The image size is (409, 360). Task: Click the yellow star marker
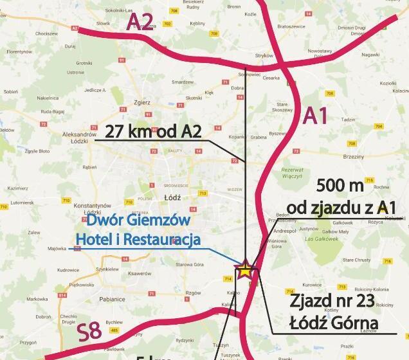[246, 269]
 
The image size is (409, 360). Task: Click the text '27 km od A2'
[152, 132]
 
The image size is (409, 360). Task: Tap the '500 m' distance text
[340, 187]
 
